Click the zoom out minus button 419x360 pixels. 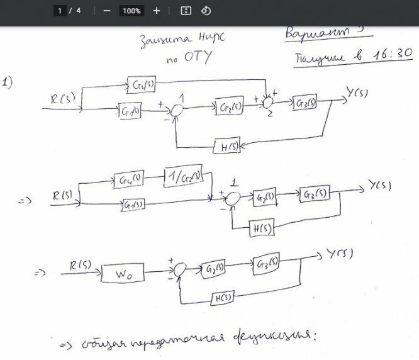(107, 11)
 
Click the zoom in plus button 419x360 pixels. (157, 11)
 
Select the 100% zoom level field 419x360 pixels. (131, 11)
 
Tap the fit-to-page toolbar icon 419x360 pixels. (185, 11)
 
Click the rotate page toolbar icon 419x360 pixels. (206, 11)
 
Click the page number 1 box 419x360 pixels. (60, 11)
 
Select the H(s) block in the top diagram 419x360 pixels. (225, 147)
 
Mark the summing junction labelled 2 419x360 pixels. (269, 101)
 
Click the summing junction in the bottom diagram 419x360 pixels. (180, 269)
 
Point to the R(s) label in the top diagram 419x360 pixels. (64, 98)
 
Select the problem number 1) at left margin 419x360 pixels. (8, 82)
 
